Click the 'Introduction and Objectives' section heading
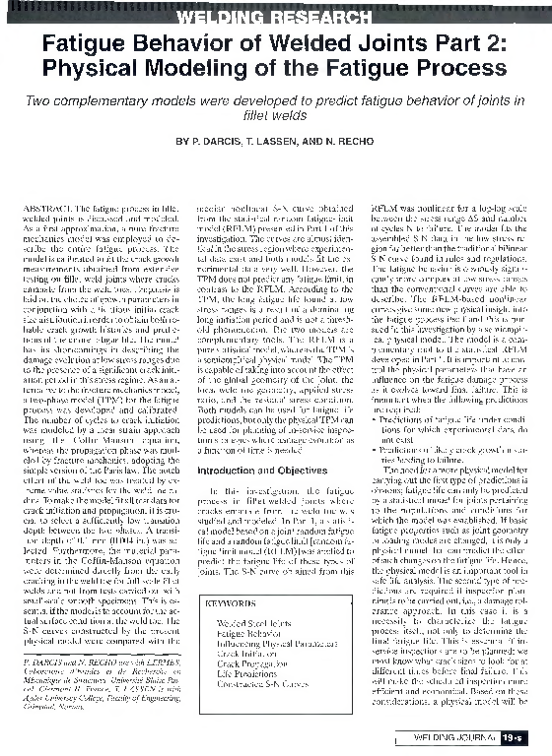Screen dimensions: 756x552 [x=257, y=471]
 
